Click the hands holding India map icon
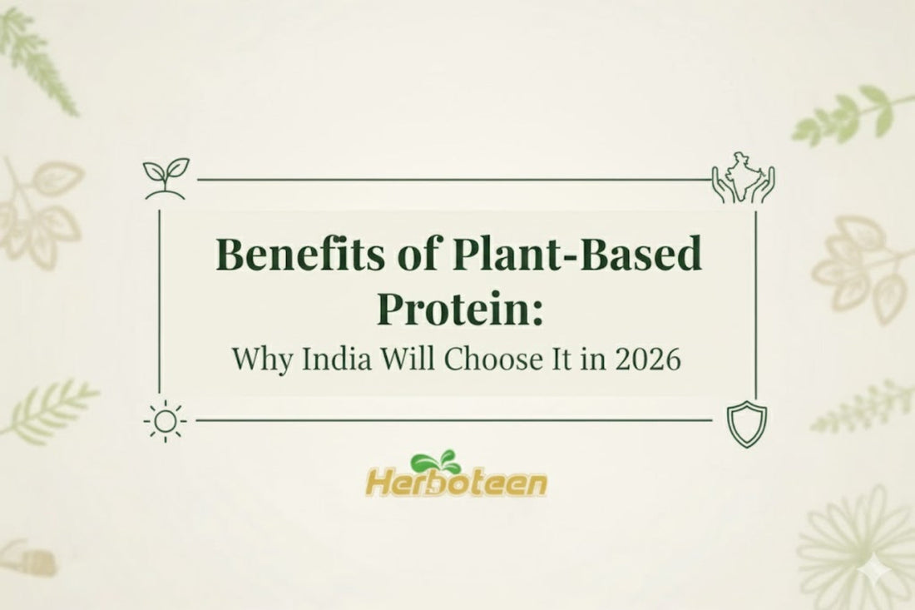[743, 176]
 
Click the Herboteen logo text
[456, 483]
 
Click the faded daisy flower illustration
[857, 545]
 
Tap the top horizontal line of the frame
[453, 179]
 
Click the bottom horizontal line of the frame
[453, 420]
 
